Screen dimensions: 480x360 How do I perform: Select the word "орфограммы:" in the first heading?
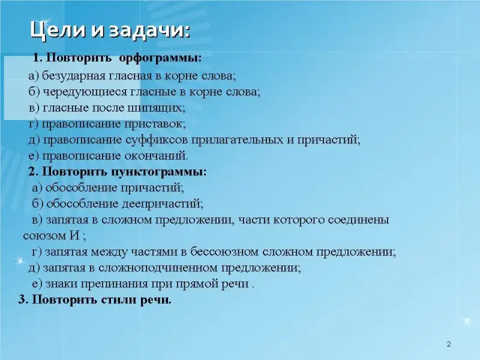pos(160,58)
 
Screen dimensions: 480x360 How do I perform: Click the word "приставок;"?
pos(155,124)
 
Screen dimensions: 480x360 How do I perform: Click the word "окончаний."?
pos(156,156)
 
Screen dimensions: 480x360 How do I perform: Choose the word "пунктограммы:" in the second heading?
pos(159,172)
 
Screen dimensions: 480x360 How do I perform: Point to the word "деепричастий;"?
pos(163,204)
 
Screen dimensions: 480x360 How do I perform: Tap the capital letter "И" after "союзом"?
pos(75,236)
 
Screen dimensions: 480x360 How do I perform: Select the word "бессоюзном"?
pos(224,251)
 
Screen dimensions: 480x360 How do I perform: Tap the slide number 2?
pos(449,344)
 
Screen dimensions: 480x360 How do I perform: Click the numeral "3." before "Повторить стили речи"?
pos(23,299)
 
